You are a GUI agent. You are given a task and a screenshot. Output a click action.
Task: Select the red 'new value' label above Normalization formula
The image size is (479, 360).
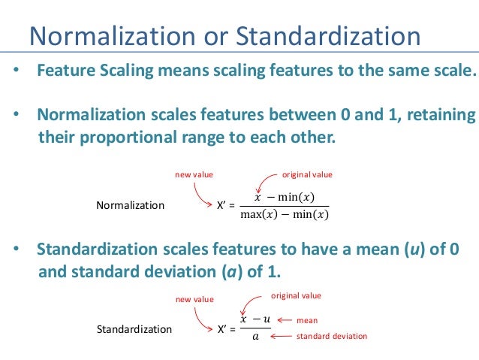[x=194, y=174]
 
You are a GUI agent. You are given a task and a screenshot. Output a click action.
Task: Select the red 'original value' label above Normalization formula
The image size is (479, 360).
[x=306, y=174]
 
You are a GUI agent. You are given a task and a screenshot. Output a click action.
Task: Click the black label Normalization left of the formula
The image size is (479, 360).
[x=131, y=205]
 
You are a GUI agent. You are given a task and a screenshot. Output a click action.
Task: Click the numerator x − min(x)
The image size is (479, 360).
[x=285, y=197]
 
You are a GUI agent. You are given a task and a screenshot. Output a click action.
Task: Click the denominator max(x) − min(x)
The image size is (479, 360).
[x=285, y=216]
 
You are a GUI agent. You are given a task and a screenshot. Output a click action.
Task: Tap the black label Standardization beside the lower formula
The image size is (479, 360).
[x=135, y=329]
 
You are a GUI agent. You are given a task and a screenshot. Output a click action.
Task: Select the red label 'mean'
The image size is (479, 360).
[x=307, y=319]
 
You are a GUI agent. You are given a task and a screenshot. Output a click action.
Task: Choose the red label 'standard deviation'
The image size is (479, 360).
[x=332, y=336]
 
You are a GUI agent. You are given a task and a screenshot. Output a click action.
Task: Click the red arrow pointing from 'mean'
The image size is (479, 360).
[x=284, y=319]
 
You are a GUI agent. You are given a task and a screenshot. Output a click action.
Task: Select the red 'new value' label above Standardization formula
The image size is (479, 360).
[x=194, y=299]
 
